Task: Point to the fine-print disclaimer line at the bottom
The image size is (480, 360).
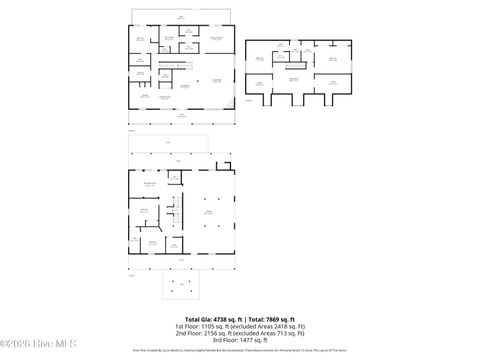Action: (240, 351)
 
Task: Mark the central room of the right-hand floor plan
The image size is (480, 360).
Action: (294, 78)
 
